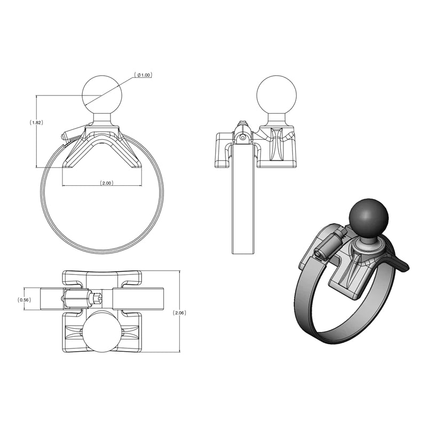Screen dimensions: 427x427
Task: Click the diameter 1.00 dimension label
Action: [x=144, y=75]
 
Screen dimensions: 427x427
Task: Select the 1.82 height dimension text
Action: [x=36, y=122]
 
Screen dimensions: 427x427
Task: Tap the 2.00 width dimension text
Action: [x=106, y=183]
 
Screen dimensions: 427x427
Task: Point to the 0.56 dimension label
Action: [x=25, y=299]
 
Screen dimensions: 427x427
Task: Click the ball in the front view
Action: [x=102, y=94]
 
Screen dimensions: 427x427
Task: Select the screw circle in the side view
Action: [x=243, y=137]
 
